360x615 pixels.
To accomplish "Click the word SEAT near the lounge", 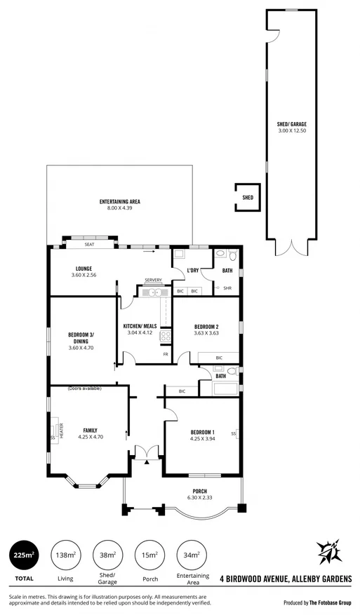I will [89, 245].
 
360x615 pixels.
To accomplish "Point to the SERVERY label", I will [153, 281].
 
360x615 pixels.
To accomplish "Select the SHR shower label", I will [227, 288].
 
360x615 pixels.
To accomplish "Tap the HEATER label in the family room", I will [61, 429].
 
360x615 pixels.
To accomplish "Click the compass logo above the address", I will [328, 553].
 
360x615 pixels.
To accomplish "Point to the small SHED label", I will [247, 198].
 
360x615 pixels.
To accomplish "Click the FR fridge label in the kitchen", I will [166, 354].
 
